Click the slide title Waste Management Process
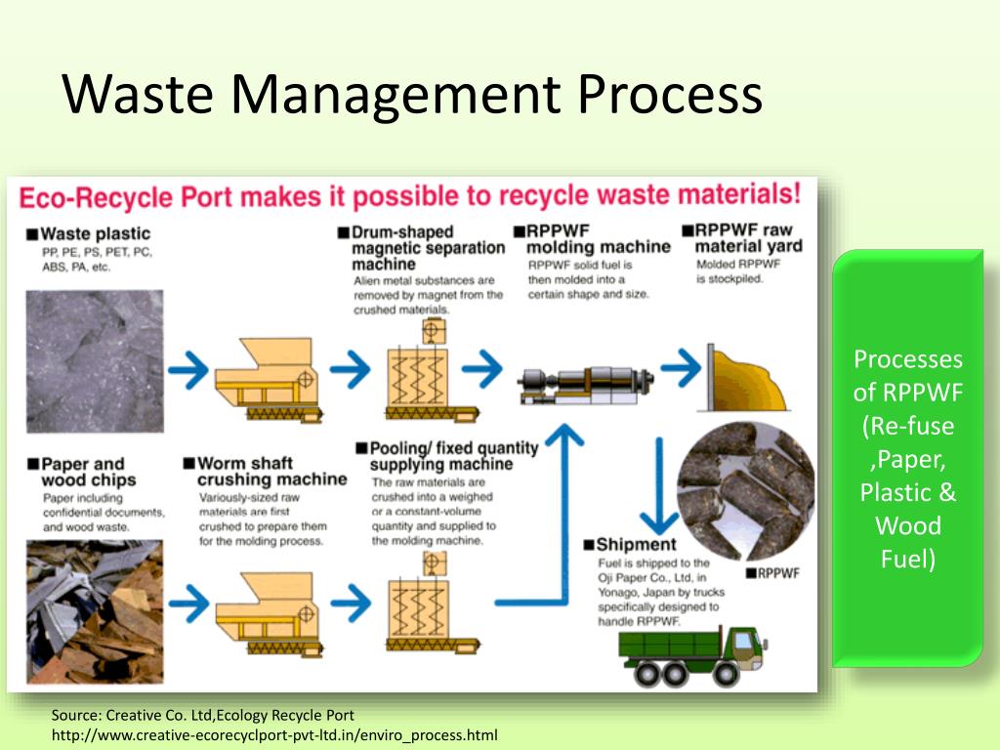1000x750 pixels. [x=411, y=95]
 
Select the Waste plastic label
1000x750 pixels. [x=95, y=233]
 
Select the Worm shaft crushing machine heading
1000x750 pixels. [x=271, y=472]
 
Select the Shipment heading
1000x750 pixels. [x=635, y=544]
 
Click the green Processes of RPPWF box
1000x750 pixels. [x=907, y=459]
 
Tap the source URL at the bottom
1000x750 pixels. [x=274, y=734]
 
